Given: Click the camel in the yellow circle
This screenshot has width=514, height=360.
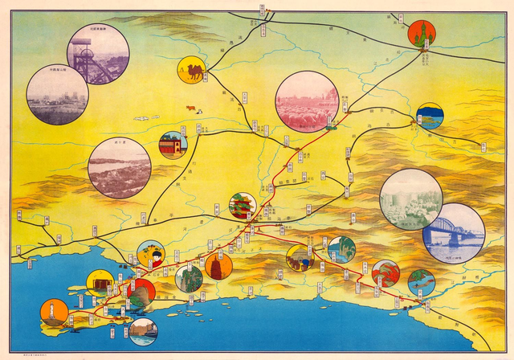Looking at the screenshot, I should [191, 70].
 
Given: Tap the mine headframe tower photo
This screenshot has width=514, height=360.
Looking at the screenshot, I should [98, 54].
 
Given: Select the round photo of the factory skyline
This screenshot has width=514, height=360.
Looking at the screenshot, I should [57, 94].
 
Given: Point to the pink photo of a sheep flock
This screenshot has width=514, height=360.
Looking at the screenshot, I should [306, 101].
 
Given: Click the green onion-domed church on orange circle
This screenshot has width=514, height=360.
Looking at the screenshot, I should [421, 34].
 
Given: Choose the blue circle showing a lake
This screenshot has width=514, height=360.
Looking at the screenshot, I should [430, 116].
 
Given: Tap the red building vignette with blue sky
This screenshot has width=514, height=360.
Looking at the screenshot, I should [173, 145].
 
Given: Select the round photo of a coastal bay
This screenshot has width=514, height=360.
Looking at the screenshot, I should [120, 168].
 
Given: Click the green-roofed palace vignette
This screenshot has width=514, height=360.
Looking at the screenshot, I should [243, 206].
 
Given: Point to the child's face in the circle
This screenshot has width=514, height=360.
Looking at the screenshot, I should [151, 255].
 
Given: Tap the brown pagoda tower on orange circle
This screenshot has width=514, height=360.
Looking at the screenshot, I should [218, 266].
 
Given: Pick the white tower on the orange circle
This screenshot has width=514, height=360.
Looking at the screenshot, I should [54, 313].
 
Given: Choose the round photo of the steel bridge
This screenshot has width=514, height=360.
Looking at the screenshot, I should [454, 233].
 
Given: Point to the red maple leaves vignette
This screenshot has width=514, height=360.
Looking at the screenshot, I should [385, 273].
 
